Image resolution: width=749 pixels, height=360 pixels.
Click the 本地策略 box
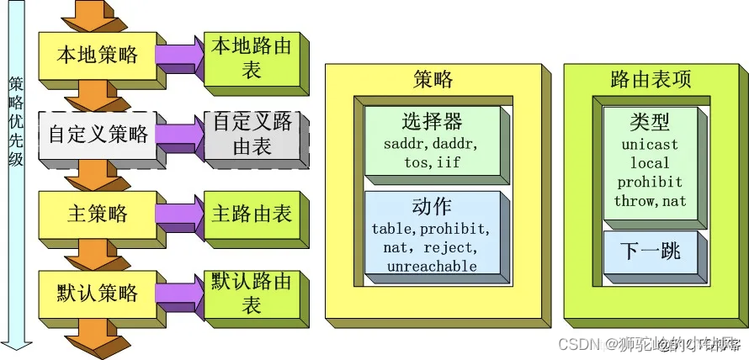[97, 56]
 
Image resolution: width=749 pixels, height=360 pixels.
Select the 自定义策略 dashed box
[98, 135]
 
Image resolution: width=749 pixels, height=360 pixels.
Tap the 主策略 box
[97, 214]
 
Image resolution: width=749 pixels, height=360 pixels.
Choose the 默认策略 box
[97, 294]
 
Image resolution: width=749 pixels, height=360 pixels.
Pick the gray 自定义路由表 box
[251, 135]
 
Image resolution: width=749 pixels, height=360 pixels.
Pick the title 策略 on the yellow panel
[433, 79]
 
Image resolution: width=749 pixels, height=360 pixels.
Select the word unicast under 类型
[650, 145]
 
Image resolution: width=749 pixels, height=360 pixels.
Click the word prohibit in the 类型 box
[650, 182]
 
